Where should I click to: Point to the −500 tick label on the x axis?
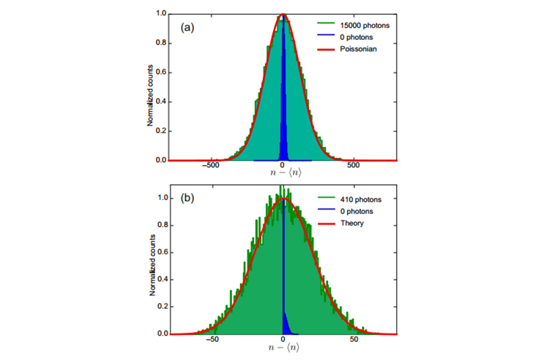[x=211, y=166]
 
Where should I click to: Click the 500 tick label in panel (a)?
[x=353, y=166]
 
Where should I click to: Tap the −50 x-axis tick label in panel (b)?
[x=212, y=340]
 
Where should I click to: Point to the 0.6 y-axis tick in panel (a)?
[x=161, y=72]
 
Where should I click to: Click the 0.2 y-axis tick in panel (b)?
[x=161, y=307]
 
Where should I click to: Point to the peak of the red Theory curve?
[x=283, y=199]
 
